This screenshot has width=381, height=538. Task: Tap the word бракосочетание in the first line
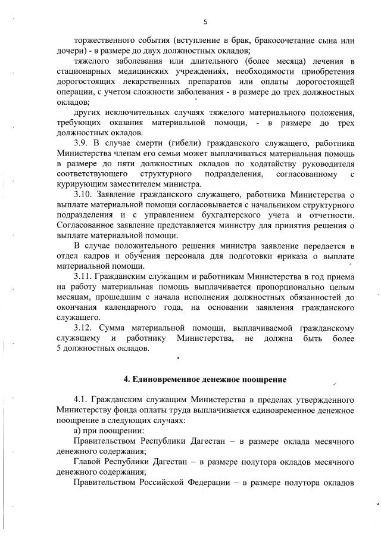click(x=279, y=42)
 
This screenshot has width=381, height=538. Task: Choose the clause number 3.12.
click(x=85, y=327)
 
